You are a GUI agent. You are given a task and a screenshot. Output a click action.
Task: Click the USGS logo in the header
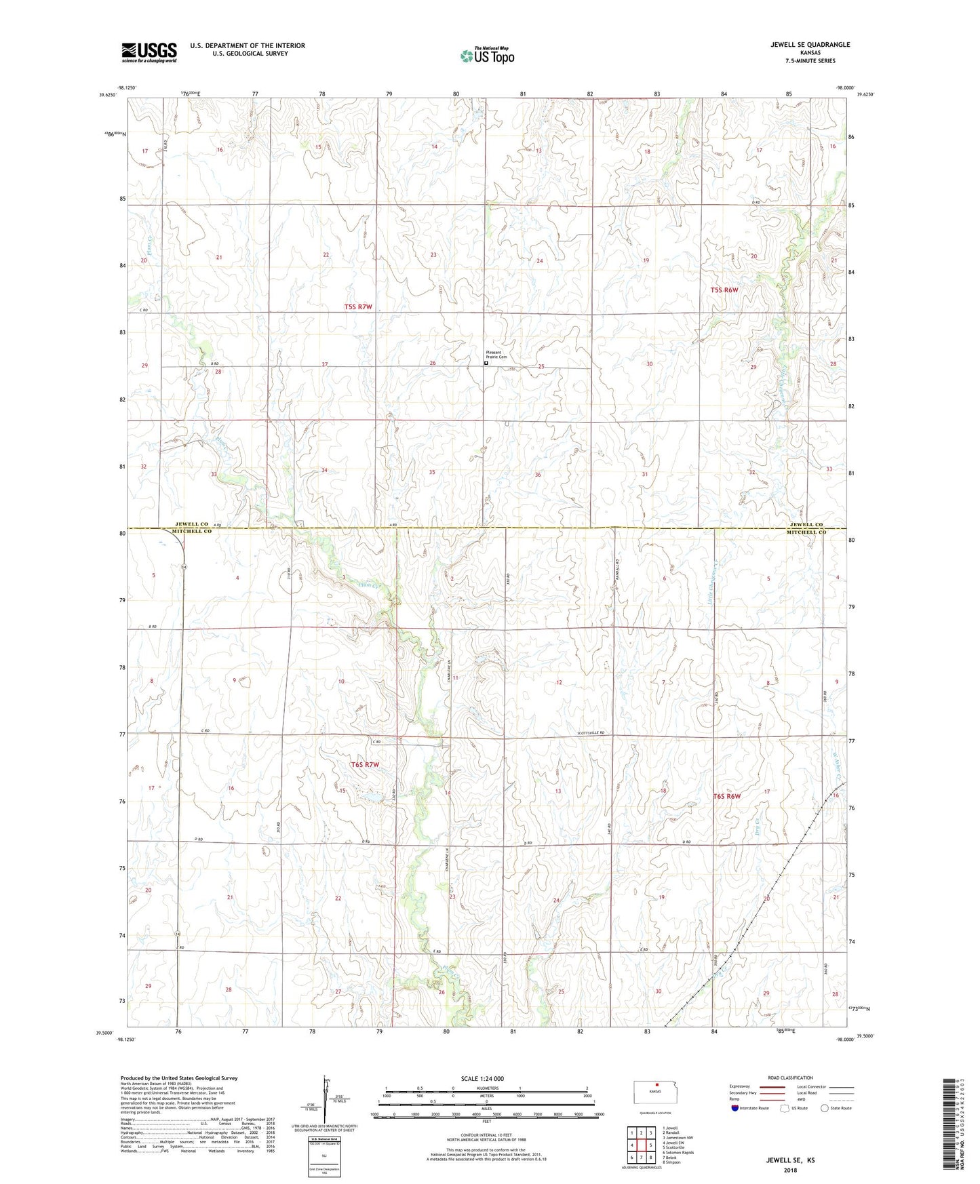point(149,52)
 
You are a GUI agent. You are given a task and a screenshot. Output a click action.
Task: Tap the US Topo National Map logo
point(487,55)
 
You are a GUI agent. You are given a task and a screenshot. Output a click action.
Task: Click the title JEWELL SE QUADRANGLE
point(810,45)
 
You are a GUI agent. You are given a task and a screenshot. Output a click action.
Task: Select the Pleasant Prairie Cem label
point(496,355)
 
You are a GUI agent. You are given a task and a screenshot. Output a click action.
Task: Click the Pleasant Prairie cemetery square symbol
point(486,363)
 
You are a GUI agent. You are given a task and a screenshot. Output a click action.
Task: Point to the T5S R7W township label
point(358,307)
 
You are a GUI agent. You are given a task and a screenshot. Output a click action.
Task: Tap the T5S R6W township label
point(724,290)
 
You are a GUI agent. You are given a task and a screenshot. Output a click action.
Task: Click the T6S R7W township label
point(365,765)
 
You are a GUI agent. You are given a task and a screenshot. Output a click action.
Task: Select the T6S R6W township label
point(726,796)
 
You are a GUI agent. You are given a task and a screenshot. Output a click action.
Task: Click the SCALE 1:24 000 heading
point(482,1078)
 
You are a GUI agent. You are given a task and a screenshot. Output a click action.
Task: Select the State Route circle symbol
point(825,1108)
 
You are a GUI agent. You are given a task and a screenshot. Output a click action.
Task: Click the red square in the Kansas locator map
point(656,1084)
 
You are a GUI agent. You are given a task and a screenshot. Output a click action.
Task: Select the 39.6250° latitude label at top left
point(104,96)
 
